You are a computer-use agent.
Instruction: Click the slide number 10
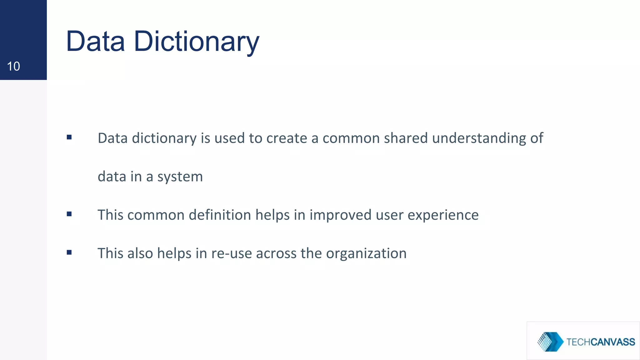(x=13, y=66)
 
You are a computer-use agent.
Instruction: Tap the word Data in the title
(x=95, y=42)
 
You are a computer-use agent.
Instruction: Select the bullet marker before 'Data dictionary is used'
(x=69, y=137)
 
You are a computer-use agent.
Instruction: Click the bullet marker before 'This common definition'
(x=69, y=214)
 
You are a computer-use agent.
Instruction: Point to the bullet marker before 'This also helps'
(x=69, y=252)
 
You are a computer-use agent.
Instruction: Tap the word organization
(x=366, y=254)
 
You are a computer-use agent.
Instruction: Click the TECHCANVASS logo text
(x=600, y=342)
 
